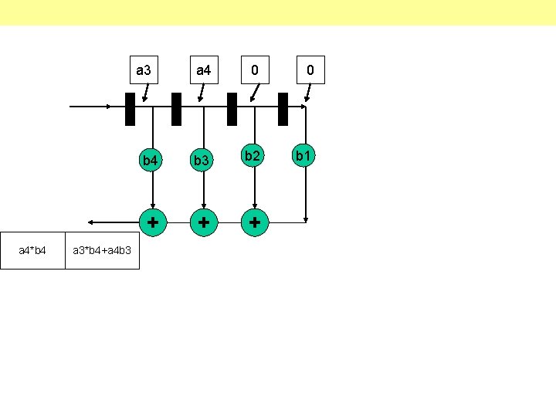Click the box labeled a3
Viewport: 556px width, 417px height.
pos(144,71)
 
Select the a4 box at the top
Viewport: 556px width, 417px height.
pos(204,71)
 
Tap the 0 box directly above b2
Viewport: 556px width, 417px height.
pos(253,71)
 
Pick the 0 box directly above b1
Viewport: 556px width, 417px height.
pos(310,71)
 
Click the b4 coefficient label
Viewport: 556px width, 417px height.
pos(150,161)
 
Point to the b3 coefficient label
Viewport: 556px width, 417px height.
pos(202,161)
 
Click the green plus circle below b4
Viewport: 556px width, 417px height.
pos(153,222)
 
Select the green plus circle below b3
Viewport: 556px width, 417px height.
pos(203,222)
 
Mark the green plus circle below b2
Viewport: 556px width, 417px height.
pos(253,222)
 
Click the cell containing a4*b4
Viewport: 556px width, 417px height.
pos(32,250)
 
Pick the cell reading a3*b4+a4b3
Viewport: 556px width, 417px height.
pos(102,250)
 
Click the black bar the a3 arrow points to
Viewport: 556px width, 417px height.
pos(130,109)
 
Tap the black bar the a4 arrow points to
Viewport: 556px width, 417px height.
pos(176,109)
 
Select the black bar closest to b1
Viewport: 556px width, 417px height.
pos(283,109)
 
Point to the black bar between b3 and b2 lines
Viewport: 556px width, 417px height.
pos(232,109)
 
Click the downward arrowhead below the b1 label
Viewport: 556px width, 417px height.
pos(307,219)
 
